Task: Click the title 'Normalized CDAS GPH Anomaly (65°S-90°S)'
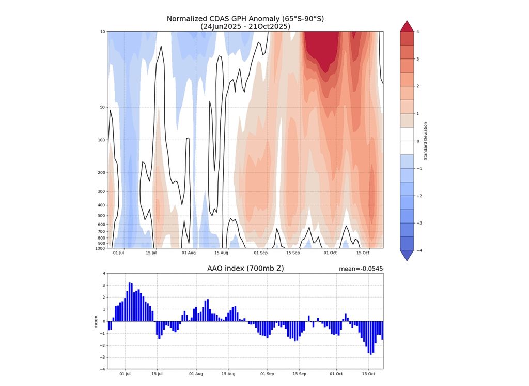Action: [x=245, y=19]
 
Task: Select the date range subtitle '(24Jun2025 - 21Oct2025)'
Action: [x=245, y=26]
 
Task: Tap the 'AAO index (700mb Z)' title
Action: [x=245, y=268]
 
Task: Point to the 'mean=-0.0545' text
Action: [x=361, y=269]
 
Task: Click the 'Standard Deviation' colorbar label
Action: [x=426, y=141]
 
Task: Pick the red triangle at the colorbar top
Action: [x=407, y=26]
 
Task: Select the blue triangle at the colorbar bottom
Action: [x=407, y=256]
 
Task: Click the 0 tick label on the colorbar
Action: [x=418, y=141]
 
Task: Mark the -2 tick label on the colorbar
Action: [x=418, y=196]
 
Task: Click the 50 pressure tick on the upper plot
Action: [x=102, y=108]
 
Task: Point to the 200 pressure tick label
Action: [x=101, y=173]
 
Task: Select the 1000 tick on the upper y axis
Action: [x=100, y=249]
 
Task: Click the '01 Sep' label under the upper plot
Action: [x=260, y=253]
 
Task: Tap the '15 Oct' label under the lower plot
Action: [x=368, y=374]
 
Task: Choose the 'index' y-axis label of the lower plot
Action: [x=96, y=321]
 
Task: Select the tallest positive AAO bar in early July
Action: [x=129, y=302]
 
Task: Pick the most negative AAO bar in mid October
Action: [x=369, y=337]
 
